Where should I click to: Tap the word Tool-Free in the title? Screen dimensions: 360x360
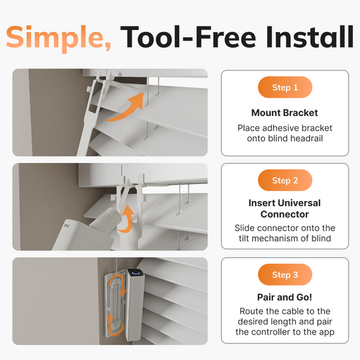pyautogui.click(x=188, y=37)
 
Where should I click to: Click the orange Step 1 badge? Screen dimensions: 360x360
pyautogui.click(x=285, y=87)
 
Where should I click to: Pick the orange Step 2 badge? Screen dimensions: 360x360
pyautogui.click(x=285, y=180)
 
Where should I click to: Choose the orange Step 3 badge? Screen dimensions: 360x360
pyautogui.click(x=285, y=275)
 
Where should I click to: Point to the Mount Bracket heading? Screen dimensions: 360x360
pyautogui.click(x=285, y=113)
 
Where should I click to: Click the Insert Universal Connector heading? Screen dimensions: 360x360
pyautogui.click(x=285, y=208)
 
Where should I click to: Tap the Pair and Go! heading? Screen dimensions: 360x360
pyautogui.click(x=285, y=297)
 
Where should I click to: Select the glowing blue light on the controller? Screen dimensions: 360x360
pyautogui.click(x=136, y=273)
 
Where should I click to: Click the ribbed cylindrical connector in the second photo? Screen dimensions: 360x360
pyautogui.click(x=106, y=221)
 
